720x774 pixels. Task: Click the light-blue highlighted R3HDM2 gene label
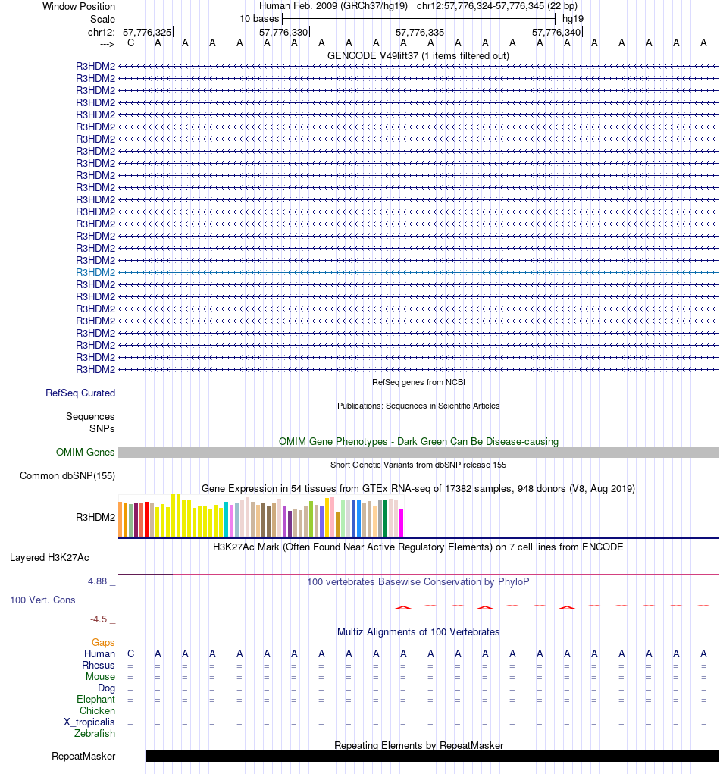pos(95,272)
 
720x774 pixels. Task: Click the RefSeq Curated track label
pos(80,393)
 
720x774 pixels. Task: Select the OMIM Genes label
pos(86,452)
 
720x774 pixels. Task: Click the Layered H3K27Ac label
pos(49,558)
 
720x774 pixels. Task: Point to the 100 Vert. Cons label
pos(42,600)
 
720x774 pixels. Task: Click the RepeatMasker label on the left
pos(83,756)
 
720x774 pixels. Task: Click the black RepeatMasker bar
pos(432,756)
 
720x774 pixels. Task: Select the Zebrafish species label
pos(95,733)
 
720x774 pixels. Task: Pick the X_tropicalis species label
pos(89,722)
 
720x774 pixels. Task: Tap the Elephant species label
pos(96,699)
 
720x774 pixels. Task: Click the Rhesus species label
pos(99,665)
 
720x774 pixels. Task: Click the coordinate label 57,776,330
pos(283,32)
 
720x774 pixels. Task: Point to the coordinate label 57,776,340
pos(556,32)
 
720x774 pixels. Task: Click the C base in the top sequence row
pos(130,42)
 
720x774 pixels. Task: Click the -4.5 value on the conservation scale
pos(99,619)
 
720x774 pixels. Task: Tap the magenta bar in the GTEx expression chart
pos(401,522)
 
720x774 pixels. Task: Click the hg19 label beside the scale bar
pos(572,18)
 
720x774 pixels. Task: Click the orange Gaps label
pos(103,642)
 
